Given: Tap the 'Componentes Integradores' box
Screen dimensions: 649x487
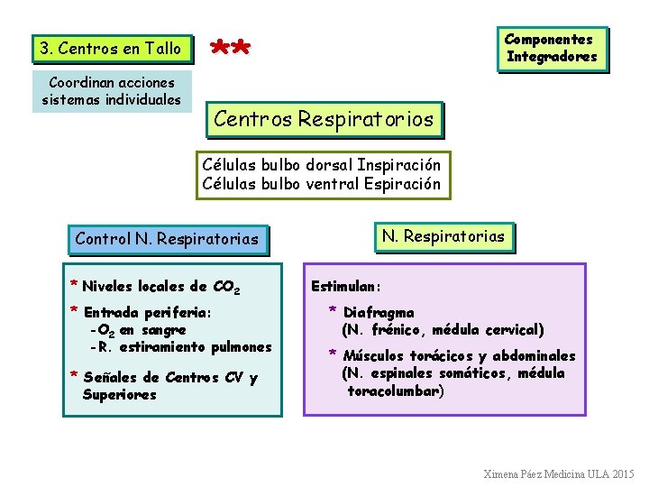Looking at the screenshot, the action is tap(551, 48).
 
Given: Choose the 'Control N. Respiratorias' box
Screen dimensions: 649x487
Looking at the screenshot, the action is tap(167, 239).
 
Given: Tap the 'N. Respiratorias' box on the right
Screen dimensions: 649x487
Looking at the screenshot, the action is tap(443, 236).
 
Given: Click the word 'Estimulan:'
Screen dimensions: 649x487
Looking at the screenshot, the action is tap(346, 287).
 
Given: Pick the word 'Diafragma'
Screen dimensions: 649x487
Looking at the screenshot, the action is tap(379, 313).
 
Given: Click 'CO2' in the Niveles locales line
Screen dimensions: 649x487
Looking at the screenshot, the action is tap(226, 288).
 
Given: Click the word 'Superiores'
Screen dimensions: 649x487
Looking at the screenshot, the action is tap(119, 395).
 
